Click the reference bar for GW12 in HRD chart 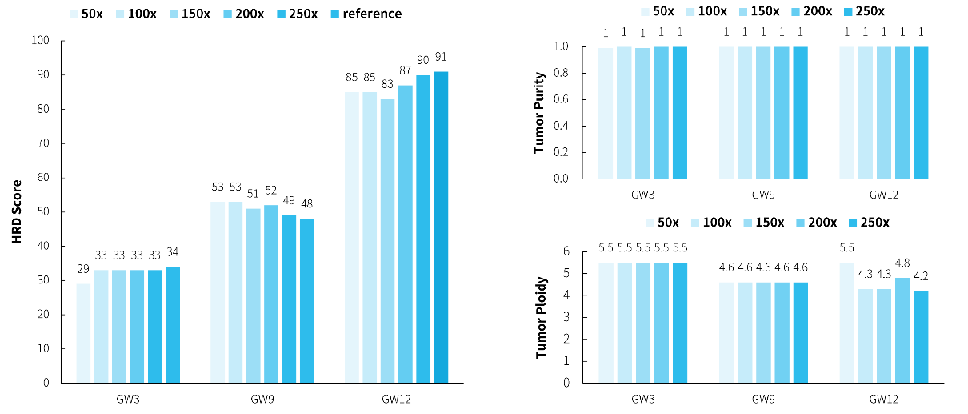442,227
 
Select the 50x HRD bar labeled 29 83,333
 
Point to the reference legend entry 366,14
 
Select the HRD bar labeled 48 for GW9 307,300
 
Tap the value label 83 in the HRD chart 387,83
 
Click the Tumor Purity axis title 540,113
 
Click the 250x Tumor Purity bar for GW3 680,112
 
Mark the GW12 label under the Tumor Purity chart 883,194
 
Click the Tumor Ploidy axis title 540,317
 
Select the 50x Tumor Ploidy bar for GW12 847,323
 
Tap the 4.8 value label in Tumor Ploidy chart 901,262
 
